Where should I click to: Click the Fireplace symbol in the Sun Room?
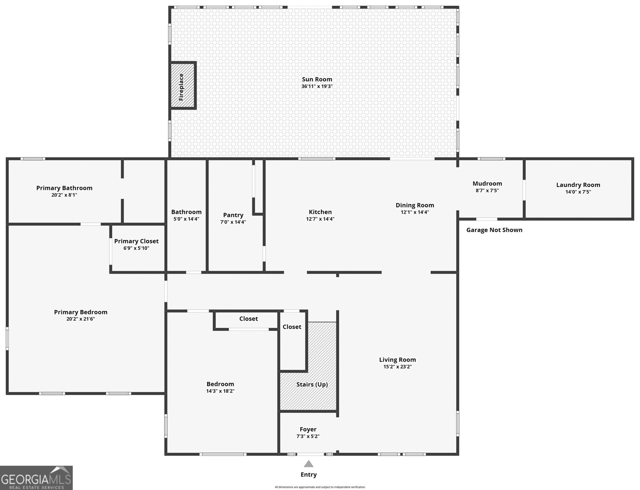click(x=183, y=86)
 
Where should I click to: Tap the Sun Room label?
click(x=317, y=79)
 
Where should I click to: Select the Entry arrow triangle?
click(x=309, y=463)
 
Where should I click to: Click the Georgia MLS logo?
click(x=36, y=478)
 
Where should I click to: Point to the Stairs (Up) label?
click(x=312, y=384)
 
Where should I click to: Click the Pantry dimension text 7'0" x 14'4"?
click(x=233, y=222)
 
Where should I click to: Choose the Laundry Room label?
click(x=578, y=185)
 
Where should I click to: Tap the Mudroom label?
click(x=487, y=183)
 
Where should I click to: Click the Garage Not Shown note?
click(x=494, y=230)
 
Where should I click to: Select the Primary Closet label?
click(x=136, y=241)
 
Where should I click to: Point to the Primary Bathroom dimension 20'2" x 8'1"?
click(x=64, y=195)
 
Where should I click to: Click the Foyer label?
click(x=308, y=429)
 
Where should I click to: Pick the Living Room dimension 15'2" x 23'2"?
click(x=397, y=367)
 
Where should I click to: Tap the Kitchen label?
click(x=320, y=212)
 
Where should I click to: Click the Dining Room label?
click(x=415, y=205)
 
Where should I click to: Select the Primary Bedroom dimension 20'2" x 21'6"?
click(x=80, y=319)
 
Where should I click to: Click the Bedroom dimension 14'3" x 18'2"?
click(x=220, y=391)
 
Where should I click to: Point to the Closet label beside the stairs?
click(x=292, y=327)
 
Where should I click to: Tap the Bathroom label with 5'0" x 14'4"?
click(x=186, y=212)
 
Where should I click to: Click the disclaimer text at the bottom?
click(x=320, y=487)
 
